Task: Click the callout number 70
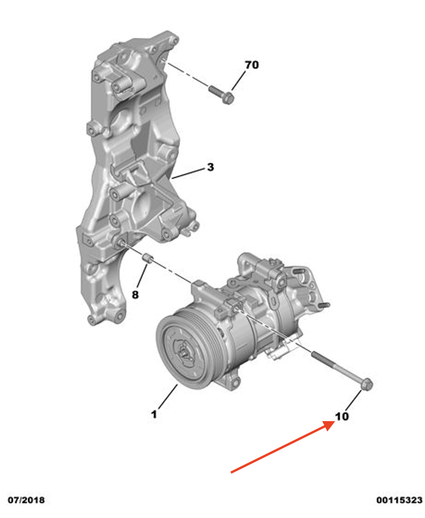(x=251, y=65)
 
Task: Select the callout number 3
(x=210, y=167)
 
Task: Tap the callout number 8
(x=135, y=294)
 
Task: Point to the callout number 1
(x=154, y=414)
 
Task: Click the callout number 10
(x=342, y=417)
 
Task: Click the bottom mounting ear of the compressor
(x=234, y=383)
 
